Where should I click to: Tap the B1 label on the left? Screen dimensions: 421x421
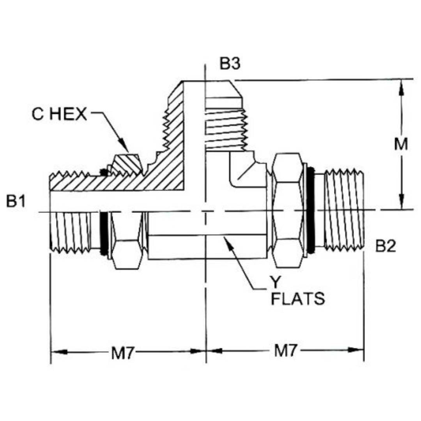(16, 202)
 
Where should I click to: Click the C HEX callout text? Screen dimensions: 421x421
(60, 114)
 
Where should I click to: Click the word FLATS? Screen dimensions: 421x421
(298, 299)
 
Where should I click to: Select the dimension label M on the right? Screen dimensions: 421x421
(400, 145)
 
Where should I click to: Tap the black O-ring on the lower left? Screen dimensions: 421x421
(104, 233)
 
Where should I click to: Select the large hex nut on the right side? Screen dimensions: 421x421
(288, 210)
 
